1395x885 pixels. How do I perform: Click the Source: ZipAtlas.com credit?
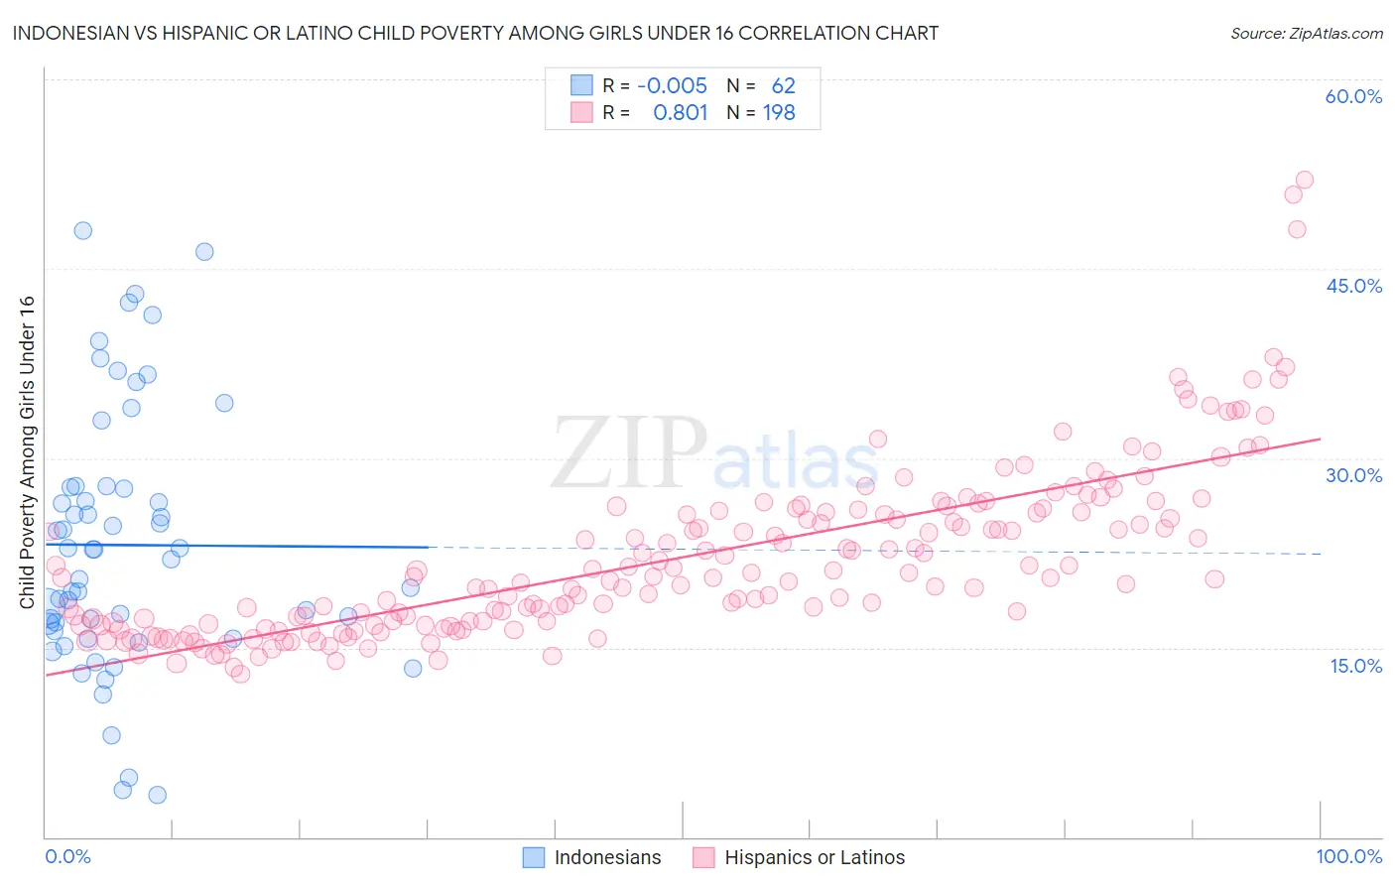1306,33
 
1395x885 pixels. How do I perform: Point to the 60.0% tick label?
1353,96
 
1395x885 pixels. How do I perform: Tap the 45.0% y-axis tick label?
1353,286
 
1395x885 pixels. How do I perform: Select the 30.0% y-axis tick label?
1353,475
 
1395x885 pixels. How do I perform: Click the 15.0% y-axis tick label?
1355,665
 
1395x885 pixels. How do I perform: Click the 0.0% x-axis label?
67,856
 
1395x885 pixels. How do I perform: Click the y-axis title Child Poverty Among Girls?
27,451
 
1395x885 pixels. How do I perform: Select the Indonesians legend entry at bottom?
592,857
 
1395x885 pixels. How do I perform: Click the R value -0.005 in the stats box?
672,85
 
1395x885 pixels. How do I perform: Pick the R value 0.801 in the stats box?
681,113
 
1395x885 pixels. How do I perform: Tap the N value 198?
779,113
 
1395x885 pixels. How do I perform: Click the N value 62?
783,85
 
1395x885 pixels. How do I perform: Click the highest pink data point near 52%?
1304,180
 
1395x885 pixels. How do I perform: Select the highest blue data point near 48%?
83,230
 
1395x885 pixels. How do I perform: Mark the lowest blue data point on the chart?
157,795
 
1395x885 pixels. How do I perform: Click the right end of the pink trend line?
1320,439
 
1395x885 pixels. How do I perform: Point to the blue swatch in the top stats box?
581,85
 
